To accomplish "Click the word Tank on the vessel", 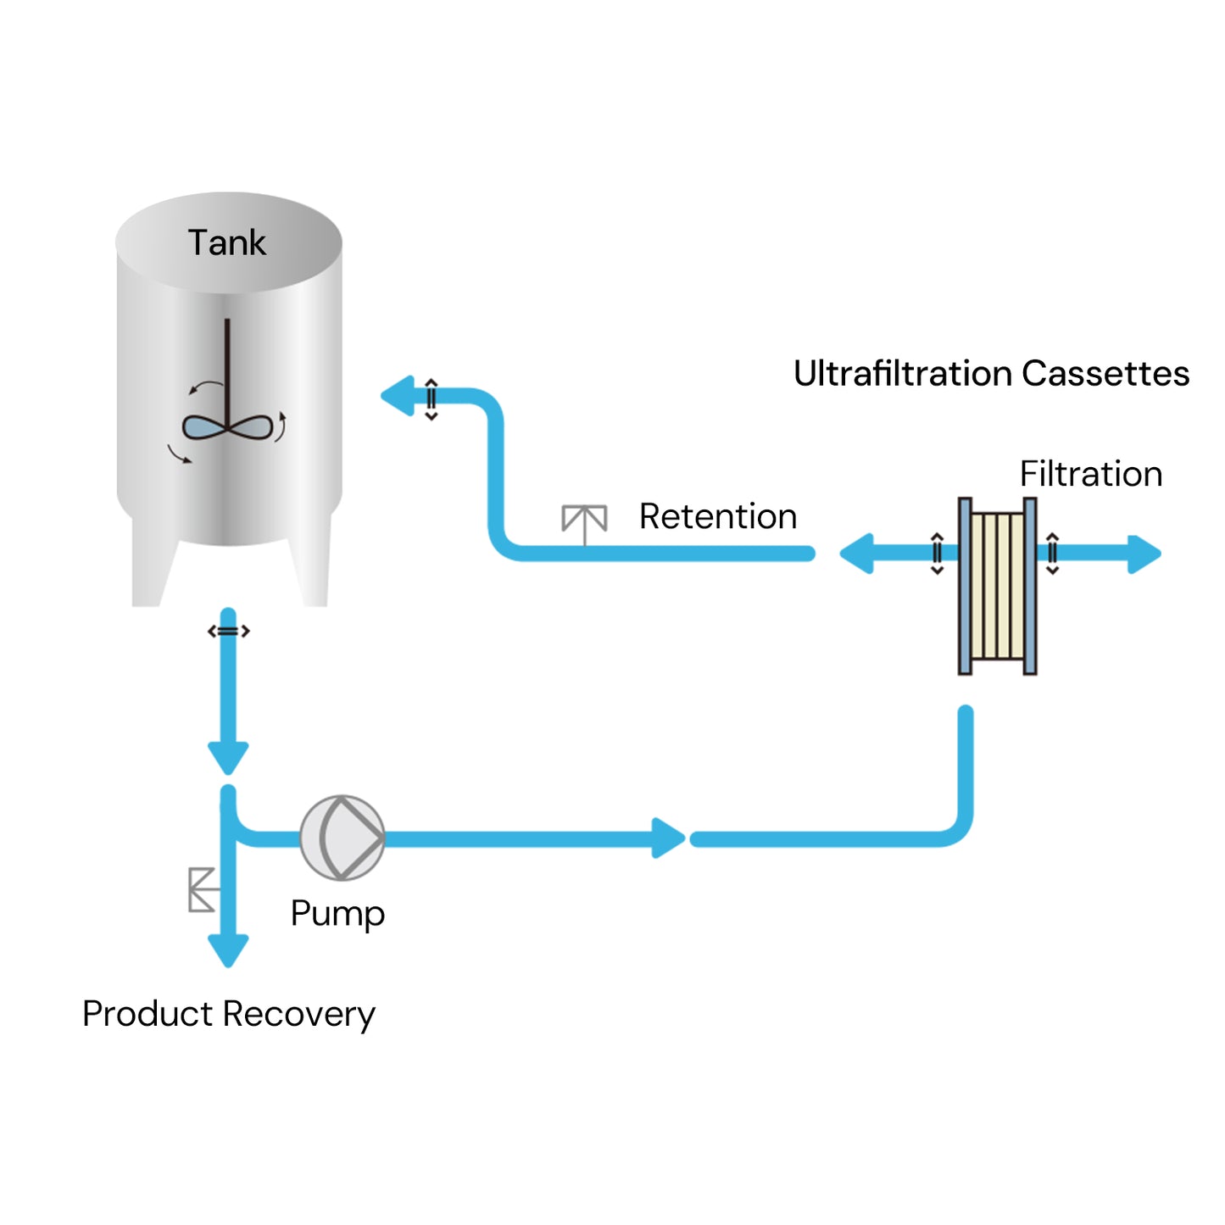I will coord(226,243).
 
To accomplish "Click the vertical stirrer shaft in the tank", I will coord(227,365).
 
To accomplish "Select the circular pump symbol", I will coord(342,838).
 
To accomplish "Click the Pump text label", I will coord(337,914).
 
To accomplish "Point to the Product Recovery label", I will coord(228,1014).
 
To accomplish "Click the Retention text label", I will coord(717,516).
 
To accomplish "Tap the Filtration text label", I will coord(1090,474).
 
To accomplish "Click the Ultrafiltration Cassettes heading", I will coord(991,374).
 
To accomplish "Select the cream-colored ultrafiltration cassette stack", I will coord(997,586).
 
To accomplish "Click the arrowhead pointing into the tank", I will coord(398,396).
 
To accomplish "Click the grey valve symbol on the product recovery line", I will coord(202,889).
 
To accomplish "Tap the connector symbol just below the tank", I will coord(228,631).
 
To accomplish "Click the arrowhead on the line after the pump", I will coord(668,838).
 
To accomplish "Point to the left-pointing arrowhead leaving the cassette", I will coord(857,554).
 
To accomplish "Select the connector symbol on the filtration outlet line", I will coord(1052,554).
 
